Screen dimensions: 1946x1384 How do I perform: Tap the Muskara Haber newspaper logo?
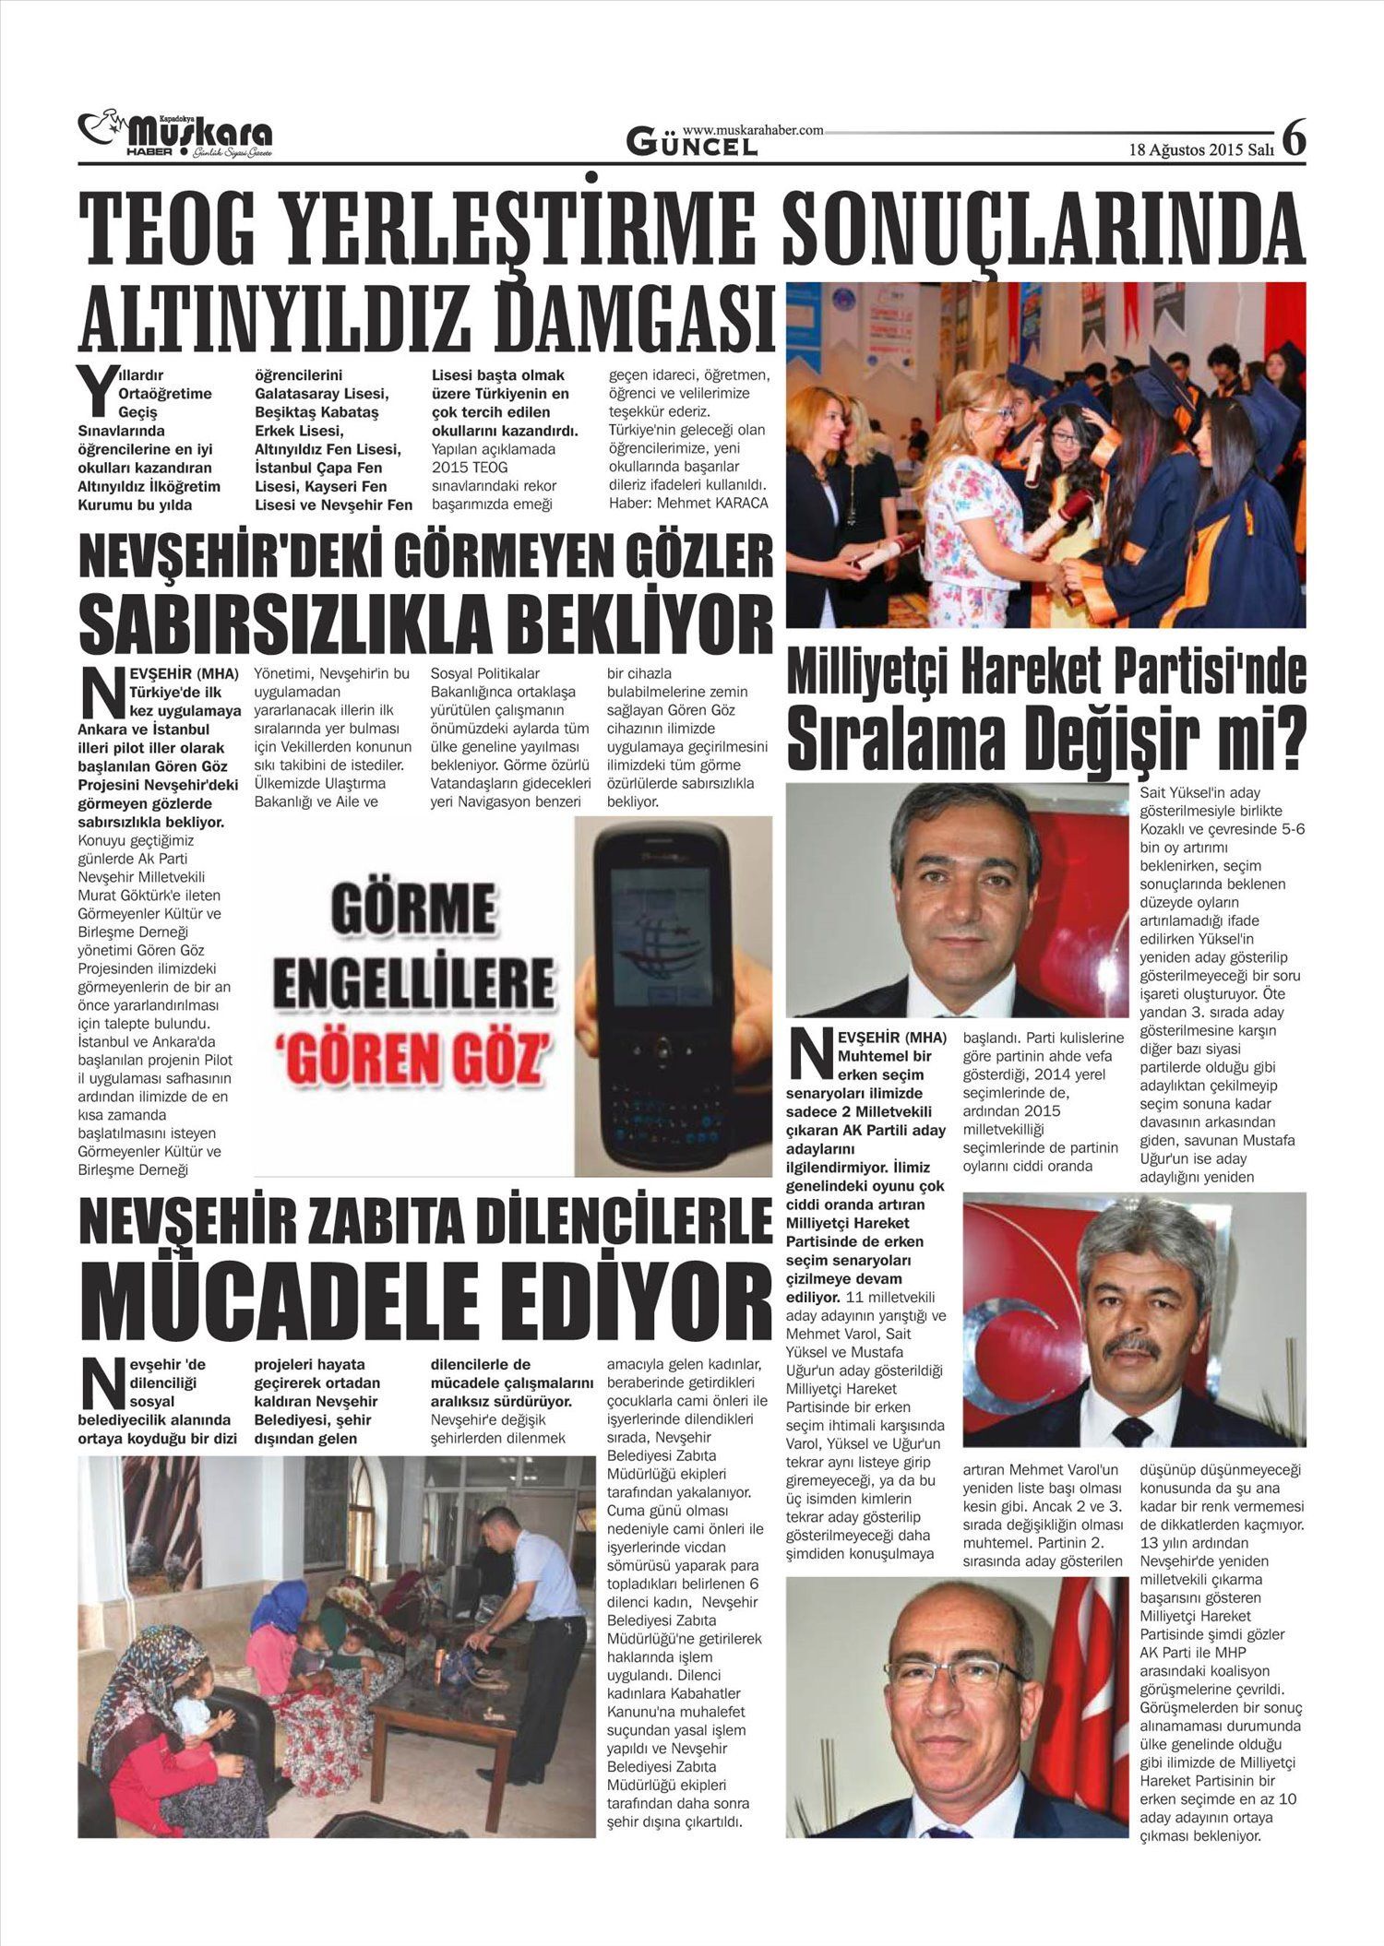pyautogui.click(x=175, y=135)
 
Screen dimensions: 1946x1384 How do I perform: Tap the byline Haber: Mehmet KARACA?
pyautogui.click(x=688, y=503)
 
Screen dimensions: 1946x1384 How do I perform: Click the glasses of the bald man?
pyautogui.click(x=951, y=1671)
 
